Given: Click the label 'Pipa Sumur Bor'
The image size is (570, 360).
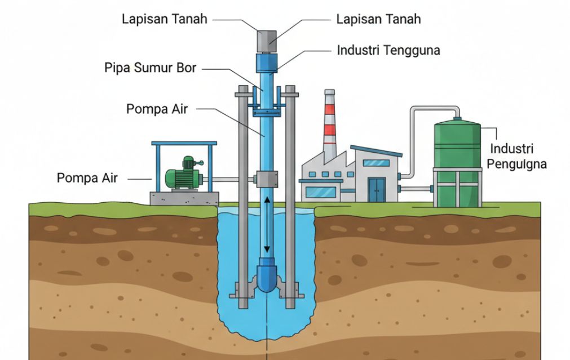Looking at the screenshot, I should pyautogui.click(x=150, y=68).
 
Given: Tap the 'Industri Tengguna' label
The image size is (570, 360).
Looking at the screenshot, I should pyautogui.click(x=388, y=50).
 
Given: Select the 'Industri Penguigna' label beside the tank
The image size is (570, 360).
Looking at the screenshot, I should pyautogui.click(x=518, y=157).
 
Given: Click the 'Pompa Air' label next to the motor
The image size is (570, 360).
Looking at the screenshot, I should pyautogui.click(x=87, y=178).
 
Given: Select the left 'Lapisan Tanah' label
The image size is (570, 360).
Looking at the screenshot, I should pyautogui.click(x=164, y=19).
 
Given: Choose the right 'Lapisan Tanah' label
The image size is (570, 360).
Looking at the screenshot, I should pyautogui.click(x=378, y=19).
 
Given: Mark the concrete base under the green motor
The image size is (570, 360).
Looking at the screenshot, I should pyautogui.click(x=184, y=198).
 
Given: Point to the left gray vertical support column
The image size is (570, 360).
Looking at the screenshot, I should pyautogui.click(x=242, y=197).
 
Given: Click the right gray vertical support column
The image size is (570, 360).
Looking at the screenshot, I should pyautogui.click(x=290, y=197).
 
